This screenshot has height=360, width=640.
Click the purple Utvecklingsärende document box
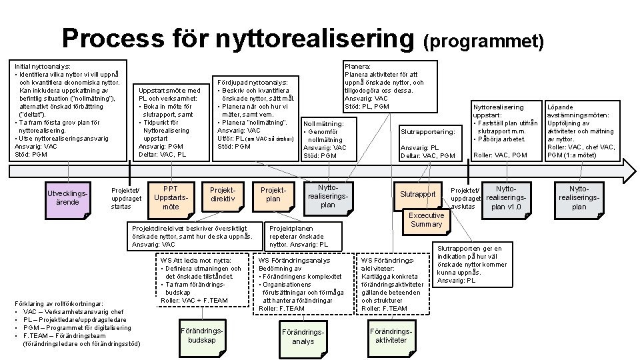[67, 198]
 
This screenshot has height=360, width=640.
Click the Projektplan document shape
[273, 195]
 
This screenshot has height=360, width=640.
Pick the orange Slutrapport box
[418, 194]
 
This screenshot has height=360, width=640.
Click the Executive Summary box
[426, 220]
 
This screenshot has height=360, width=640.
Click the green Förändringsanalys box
[303, 337]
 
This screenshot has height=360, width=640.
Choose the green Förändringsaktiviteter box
[391, 335]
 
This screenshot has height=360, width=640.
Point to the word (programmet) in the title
[484, 42]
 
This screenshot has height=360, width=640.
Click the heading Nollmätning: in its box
[323, 124]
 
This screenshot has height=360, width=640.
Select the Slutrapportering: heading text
[427, 132]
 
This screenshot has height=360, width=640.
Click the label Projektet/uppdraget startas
[126, 198]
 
